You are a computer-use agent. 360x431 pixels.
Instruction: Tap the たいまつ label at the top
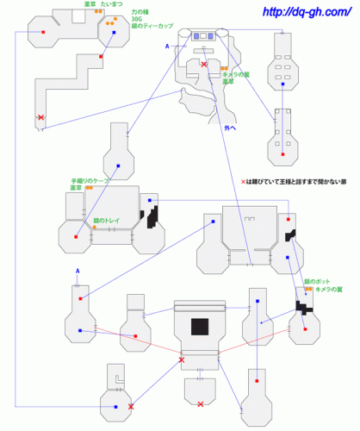(x=110, y=4)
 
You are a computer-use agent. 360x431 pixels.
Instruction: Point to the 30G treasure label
(x=136, y=20)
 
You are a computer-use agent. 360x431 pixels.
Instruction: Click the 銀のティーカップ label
(x=152, y=27)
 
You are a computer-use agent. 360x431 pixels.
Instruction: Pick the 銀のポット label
(x=318, y=281)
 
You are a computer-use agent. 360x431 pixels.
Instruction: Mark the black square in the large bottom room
(x=201, y=328)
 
